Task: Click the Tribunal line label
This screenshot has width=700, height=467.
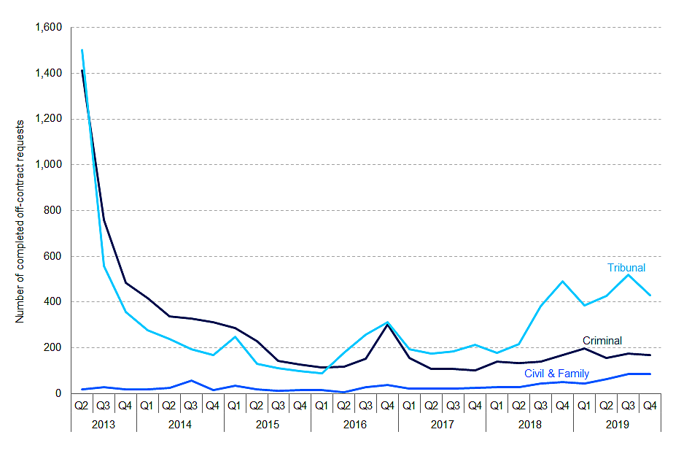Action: pyautogui.click(x=626, y=268)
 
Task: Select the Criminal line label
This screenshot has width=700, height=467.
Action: pyautogui.click(x=602, y=341)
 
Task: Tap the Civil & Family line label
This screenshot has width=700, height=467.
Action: pyautogui.click(x=556, y=374)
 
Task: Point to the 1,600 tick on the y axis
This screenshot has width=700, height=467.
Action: pyautogui.click(x=49, y=28)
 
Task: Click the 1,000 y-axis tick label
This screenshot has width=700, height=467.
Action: pyautogui.click(x=49, y=165)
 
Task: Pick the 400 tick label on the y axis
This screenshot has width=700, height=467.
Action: pyautogui.click(x=54, y=302)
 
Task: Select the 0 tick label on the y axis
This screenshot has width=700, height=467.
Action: pyautogui.click(x=59, y=393)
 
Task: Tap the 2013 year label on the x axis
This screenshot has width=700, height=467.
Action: pyautogui.click(x=103, y=422)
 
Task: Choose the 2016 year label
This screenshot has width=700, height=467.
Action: pyautogui.click(x=354, y=422)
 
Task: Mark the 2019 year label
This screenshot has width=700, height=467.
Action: pyautogui.click(x=617, y=422)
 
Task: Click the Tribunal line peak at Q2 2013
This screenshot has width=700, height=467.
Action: pyautogui.click(x=82, y=50)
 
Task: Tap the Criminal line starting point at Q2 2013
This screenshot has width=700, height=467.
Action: pyautogui.click(x=82, y=71)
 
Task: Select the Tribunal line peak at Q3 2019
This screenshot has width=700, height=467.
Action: pyautogui.click(x=628, y=274)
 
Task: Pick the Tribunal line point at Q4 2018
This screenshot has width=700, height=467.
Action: pyautogui.click(x=562, y=281)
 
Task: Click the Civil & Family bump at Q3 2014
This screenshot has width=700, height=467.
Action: pyautogui.click(x=190, y=380)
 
